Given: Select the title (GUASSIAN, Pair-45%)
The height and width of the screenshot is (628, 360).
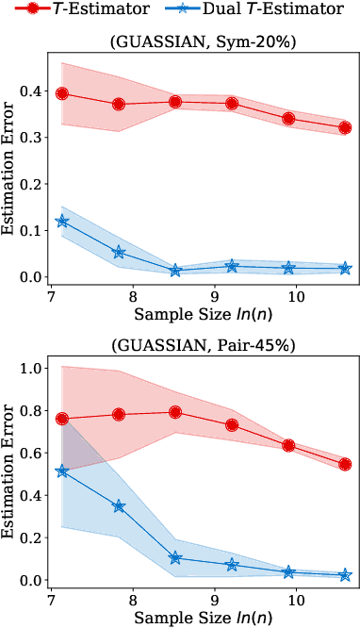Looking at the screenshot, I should coord(204,345).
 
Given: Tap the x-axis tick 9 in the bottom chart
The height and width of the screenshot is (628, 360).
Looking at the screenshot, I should coord(214,601).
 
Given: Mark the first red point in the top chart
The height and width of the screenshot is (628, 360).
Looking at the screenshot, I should coord(62,93).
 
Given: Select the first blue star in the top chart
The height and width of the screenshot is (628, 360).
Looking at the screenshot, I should coord(62,221).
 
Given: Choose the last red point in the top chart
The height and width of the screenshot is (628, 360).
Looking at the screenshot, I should coord(345,127).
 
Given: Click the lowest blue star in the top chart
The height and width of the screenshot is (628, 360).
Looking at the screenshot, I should coord(175,271).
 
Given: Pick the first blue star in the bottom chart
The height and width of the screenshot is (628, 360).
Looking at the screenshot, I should coord(62,471).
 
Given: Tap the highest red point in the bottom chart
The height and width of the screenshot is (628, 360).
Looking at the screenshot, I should coord(175,412).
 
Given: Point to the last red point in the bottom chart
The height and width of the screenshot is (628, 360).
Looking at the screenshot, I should coord(345,464).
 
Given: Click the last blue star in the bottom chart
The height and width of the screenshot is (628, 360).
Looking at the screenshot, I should coord(345,574).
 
